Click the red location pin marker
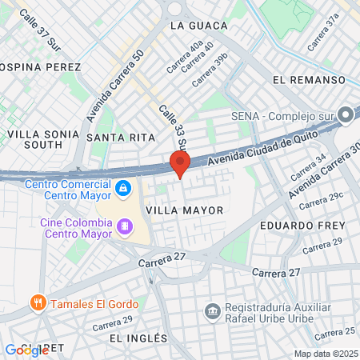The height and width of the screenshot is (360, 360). [x=180, y=164]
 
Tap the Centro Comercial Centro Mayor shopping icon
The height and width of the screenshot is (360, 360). [x=122, y=189]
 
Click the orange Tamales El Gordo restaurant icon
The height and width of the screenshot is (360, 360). [x=37, y=302]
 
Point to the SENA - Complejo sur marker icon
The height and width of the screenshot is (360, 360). [x=346, y=115]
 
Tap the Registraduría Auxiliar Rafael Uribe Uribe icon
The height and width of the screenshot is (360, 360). [x=212, y=310]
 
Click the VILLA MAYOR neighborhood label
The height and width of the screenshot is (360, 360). [x=184, y=209]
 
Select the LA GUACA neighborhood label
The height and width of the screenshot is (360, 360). [x=194, y=25]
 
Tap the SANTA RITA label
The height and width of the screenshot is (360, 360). [x=120, y=138]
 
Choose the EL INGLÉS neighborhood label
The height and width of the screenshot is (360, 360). [x=139, y=338]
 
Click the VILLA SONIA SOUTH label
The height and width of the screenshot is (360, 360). [x=33, y=139]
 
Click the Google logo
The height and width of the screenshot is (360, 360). [x=26, y=350]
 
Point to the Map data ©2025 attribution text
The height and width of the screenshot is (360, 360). [x=325, y=354]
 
